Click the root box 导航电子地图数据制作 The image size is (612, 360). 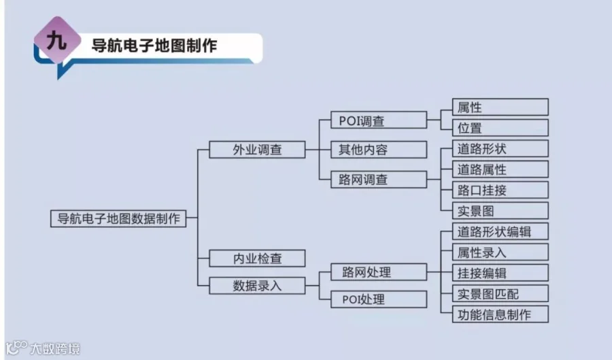click(118, 218)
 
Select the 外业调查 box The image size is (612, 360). click(257, 149)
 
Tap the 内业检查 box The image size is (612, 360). click(257, 259)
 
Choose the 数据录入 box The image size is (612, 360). click(257, 285)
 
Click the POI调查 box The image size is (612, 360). click(379, 121)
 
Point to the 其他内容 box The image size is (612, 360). click(379, 149)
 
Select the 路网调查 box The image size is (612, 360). click(379, 180)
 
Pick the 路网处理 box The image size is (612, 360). click(379, 272)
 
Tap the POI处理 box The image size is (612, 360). click(379, 299)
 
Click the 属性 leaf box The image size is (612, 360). click(500, 108)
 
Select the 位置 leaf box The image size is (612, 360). click(500, 127)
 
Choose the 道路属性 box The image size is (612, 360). click(500, 169)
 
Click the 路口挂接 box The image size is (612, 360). click(500, 190)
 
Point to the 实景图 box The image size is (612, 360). click(500, 210)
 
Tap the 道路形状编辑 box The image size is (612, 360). click(500, 231)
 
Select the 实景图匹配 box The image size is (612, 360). click(500, 293)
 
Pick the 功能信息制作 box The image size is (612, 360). click(500, 314)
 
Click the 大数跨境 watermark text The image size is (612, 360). click(54, 349)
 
